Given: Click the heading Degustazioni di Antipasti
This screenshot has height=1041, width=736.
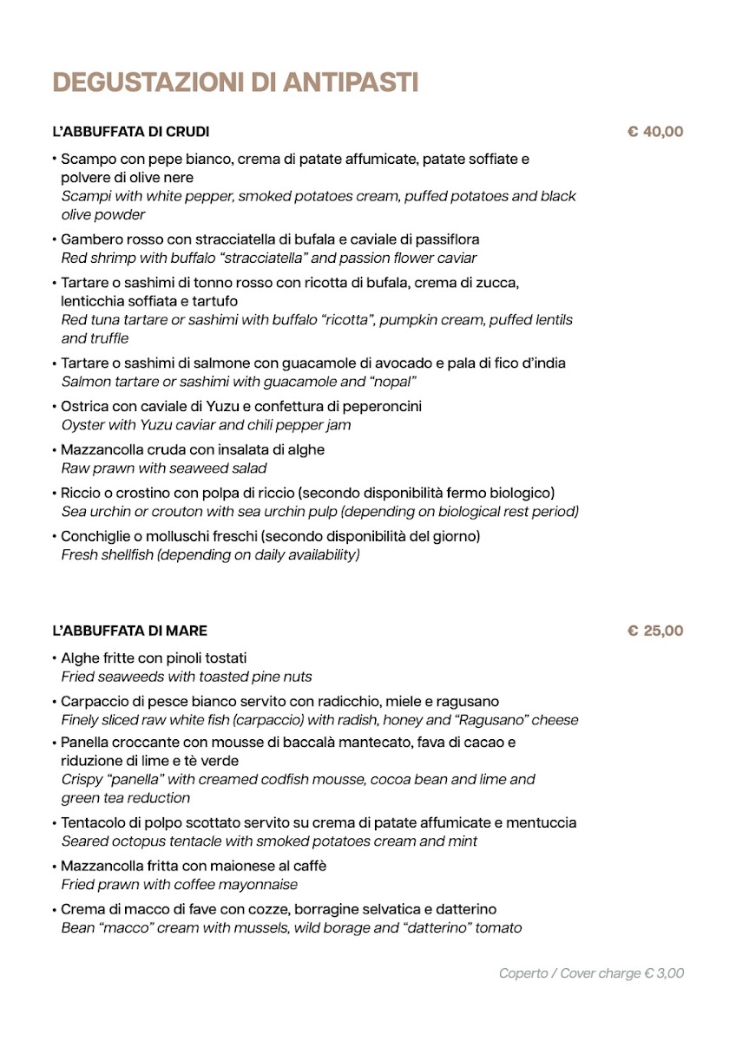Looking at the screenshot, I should tap(235, 82).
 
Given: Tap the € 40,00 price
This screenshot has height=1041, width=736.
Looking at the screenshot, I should tap(655, 132).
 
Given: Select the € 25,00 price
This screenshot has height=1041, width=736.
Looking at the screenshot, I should tap(655, 631).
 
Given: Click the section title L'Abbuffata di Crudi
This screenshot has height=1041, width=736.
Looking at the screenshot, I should tap(131, 132).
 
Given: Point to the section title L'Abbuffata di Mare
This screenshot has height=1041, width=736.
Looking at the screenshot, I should tap(130, 631).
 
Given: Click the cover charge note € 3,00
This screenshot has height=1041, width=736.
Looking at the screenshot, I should tap(591, 973).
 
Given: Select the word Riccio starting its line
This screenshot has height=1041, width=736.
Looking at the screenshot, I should tap(81, 493).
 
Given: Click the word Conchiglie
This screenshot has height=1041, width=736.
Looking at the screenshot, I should tap(95, 536).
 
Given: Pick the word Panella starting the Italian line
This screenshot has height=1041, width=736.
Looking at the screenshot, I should tap(85, 743).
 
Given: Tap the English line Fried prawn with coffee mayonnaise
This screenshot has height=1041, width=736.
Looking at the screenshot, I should tap(180, 885).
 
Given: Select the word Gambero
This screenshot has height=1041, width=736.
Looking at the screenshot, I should tap(89, 239).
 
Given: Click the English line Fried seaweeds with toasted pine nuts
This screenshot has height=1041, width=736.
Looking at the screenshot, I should tap(187, 677).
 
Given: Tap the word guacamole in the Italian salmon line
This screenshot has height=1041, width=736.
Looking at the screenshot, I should tap(330, 363).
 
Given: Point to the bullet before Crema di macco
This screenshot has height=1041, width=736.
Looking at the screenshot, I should tap(54, 909).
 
